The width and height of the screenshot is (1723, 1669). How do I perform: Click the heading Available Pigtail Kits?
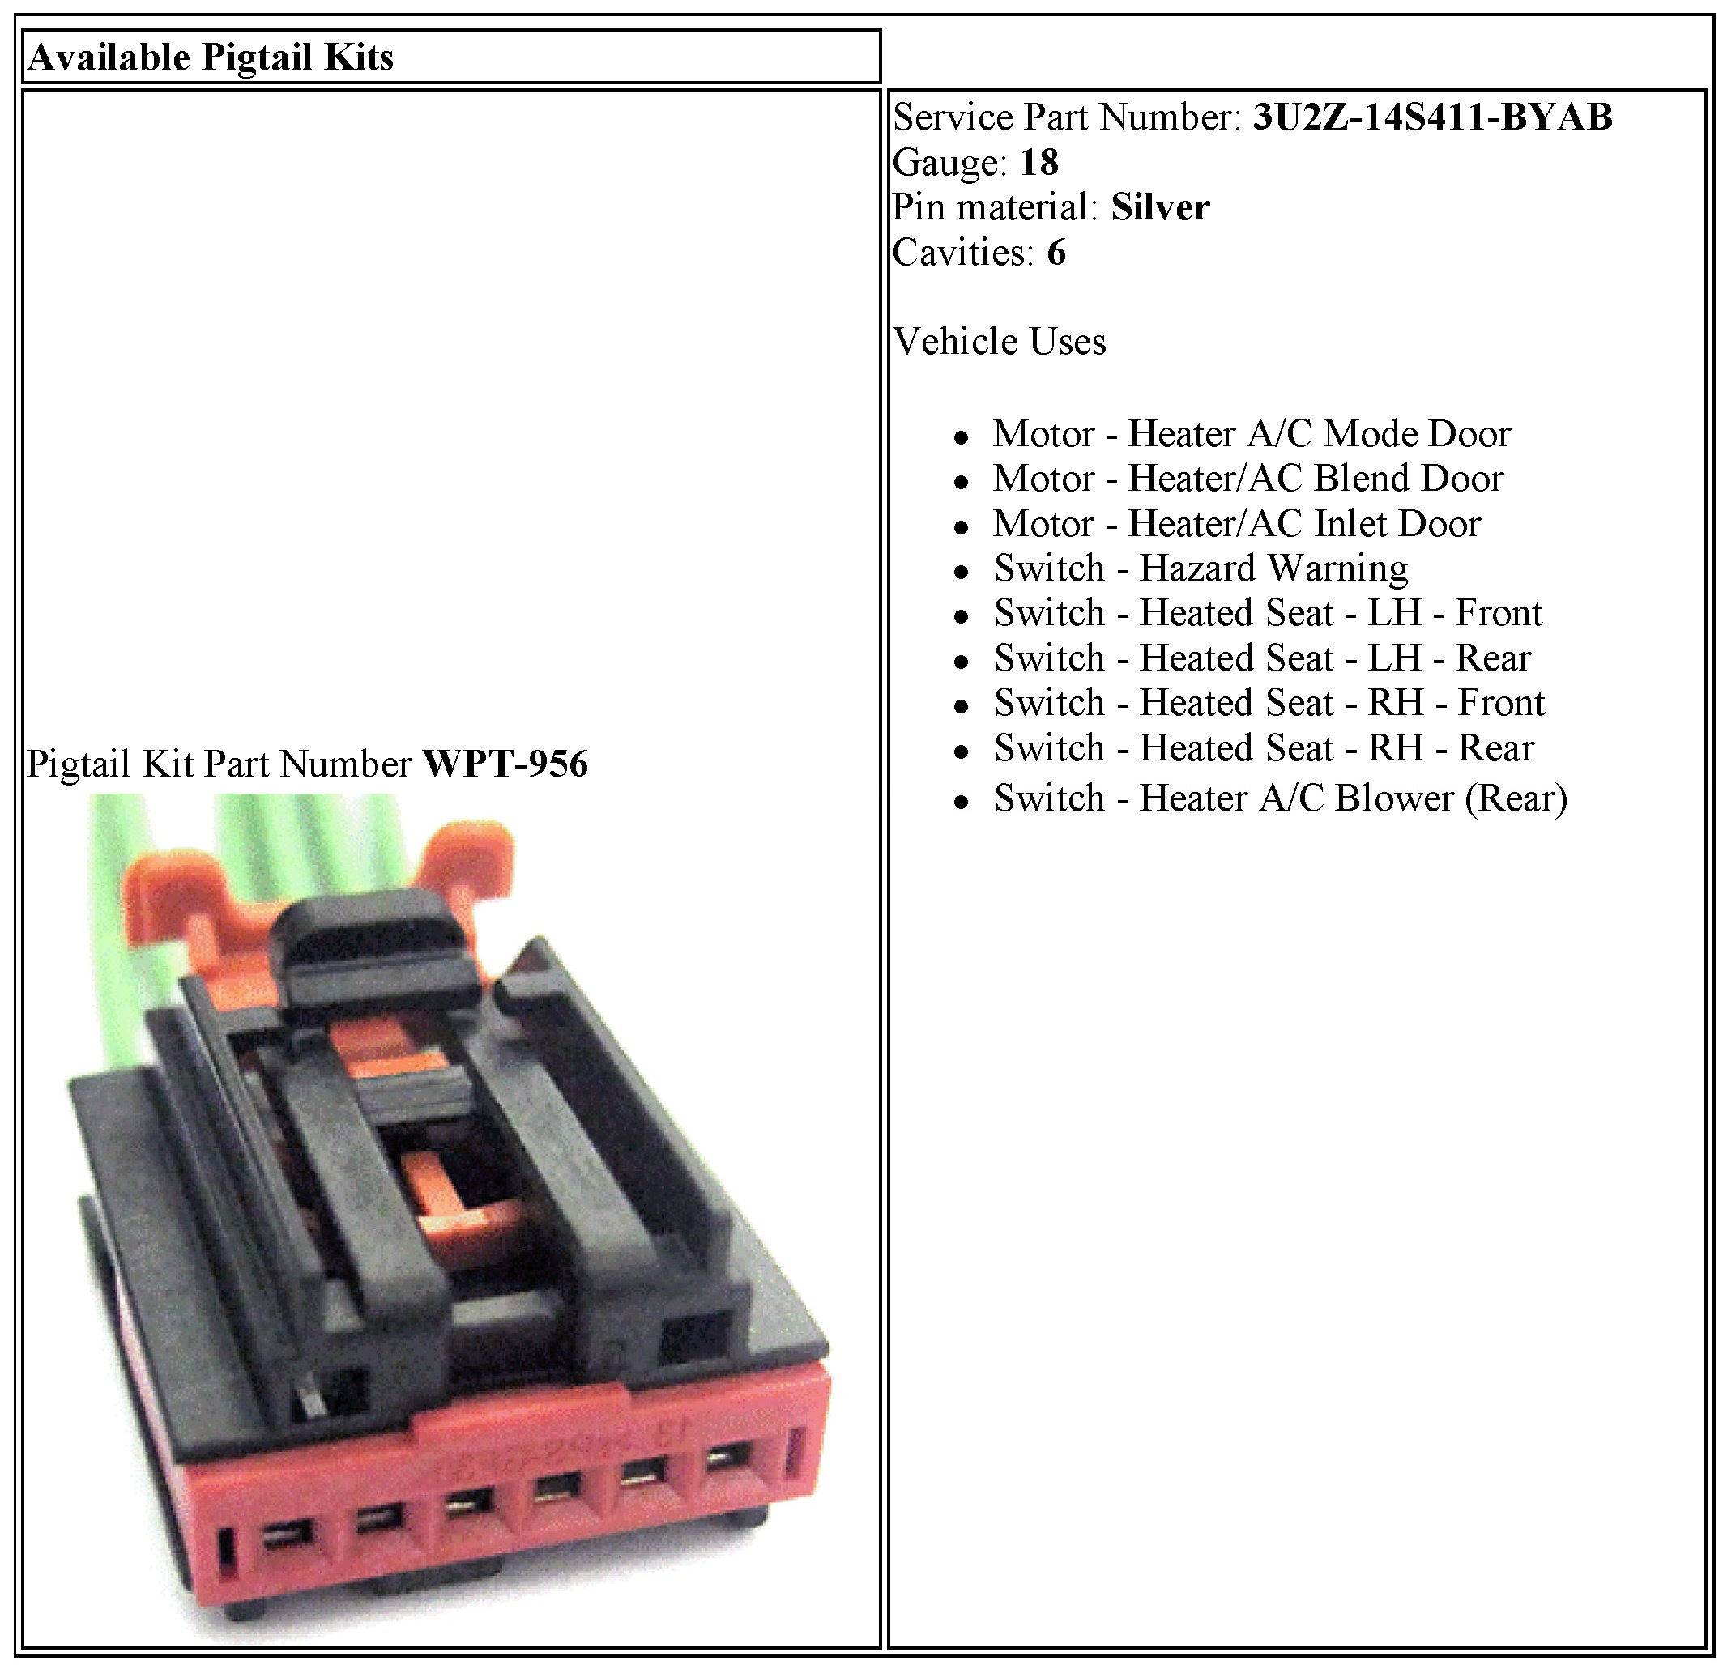coord(211,58)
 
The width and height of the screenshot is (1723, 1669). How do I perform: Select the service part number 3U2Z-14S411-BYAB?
coord(1432,117)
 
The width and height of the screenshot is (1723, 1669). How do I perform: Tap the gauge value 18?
coord(1039,162)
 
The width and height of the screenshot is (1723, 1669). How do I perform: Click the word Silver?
coord(1159,207)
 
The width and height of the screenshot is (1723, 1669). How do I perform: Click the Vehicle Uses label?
coord(999,341)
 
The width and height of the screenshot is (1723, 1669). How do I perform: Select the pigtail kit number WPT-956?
coord(505,764)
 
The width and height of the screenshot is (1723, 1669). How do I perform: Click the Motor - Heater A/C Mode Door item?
coord(1251,433)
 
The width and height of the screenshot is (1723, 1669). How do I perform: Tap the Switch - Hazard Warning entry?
coord(1200,568)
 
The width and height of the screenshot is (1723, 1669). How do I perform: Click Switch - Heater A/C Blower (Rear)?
coord(1280,798)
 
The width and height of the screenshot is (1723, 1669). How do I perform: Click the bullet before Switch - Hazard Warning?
coord(961,571)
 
